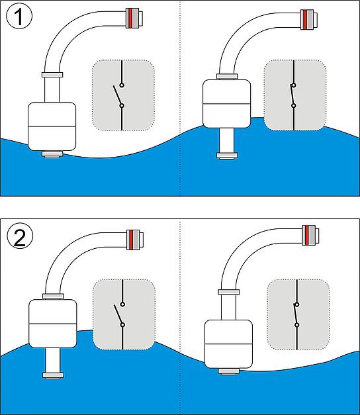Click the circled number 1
[x=19, y=16]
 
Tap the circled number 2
[x=20, y=236]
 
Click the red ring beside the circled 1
[x=130, y=18]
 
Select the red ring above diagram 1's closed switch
[x=305, y=20]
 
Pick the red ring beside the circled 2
[x=131, y=240]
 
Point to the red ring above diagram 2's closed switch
[x=307, y=235]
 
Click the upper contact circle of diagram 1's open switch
[x=122, y=85]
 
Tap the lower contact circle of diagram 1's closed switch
[x=294, y=106]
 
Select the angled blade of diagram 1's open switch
[x=118, y=95]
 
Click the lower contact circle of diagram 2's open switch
[x=122, y=325]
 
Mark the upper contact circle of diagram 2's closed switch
[x=297, y=304]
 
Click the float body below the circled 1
[x=52, y=126]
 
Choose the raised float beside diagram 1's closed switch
[x=226, y=104]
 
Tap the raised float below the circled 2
[x=53, y=324]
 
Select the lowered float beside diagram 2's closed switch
[x=229, y=344]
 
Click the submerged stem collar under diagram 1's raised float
[x=227, y=156]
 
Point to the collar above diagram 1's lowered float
[x=52, y=75]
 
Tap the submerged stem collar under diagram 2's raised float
[x=53, y=376]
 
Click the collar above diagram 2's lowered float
[x=229, y=292]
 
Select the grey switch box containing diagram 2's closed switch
[x=298, y=314]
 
